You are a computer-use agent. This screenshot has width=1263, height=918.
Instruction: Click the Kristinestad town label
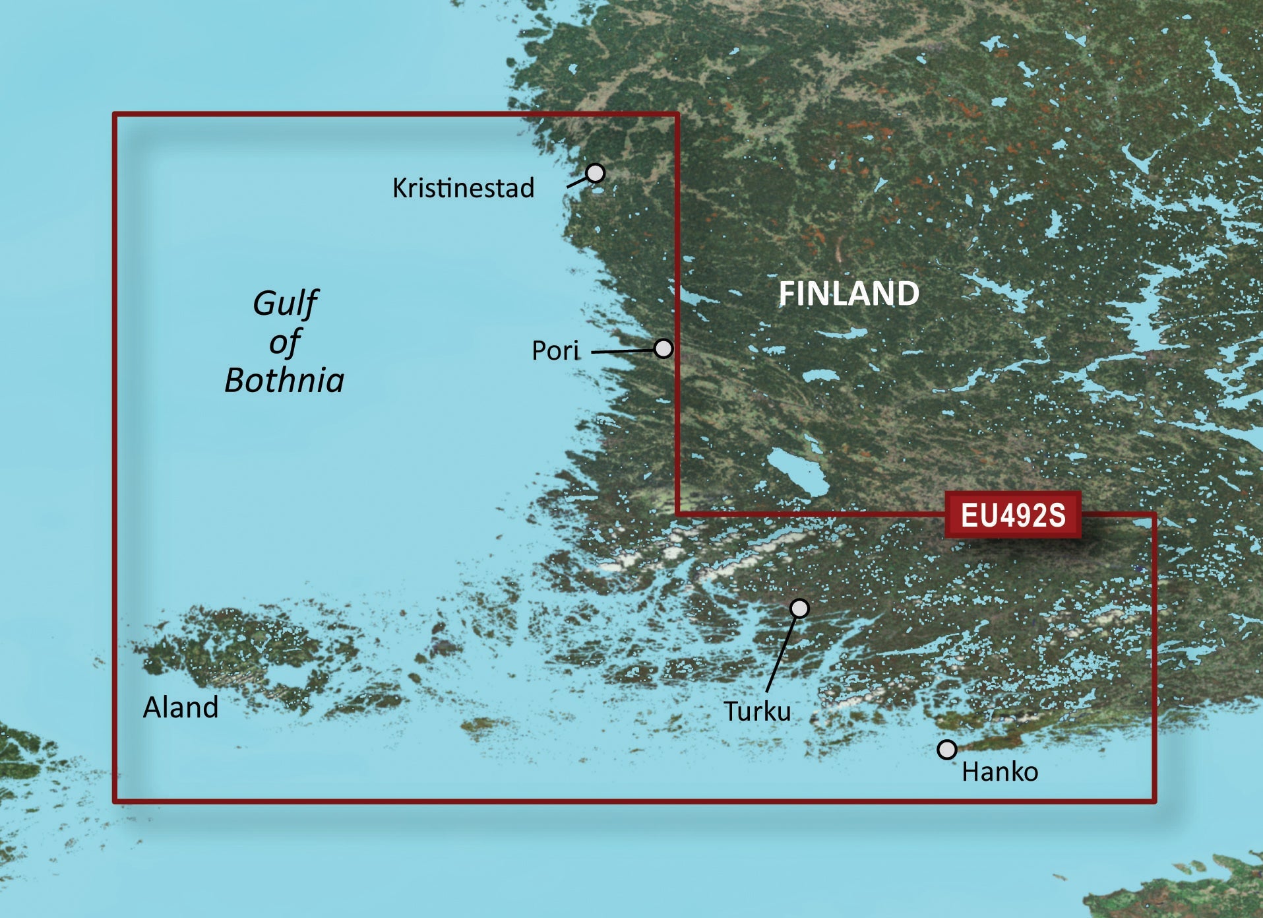click(463, 188)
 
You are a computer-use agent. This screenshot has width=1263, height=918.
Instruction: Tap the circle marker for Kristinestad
click(595, 173)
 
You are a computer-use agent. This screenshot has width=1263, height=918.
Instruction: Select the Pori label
click(555, 350)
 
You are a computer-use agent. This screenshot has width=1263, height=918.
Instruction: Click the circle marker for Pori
click(663, 348)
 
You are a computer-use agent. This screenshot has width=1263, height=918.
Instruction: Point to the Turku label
click(757, 711)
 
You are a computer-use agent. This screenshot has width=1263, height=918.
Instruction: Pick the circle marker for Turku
click(799, 608)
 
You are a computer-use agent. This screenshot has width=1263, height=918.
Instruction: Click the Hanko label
click(1000, 771)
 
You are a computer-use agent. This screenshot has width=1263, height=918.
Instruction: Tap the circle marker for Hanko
click(947, 750)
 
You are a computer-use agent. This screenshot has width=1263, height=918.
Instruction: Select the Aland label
click(181, 707)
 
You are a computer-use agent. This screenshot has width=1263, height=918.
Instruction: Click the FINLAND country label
click(849, 294)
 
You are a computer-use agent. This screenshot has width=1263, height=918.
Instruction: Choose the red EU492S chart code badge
click(1012, 515)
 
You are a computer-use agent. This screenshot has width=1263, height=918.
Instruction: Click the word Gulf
click(285, 304)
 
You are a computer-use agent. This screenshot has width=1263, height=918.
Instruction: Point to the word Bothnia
click(284, 380)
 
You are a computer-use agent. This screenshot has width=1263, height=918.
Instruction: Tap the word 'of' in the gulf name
click(284, 343)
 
